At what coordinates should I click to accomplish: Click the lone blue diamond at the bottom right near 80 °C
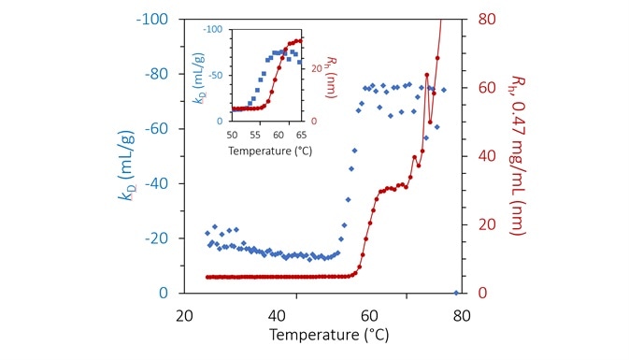(x=456, y=293)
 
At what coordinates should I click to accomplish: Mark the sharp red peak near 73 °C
(x=427, y=76)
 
